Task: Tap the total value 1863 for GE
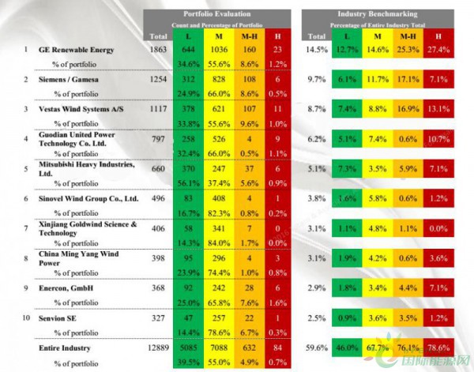point(159,49)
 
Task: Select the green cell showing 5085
point(189,347)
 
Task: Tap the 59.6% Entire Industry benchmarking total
point(316,347)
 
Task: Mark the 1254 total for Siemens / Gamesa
point(159,80)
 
